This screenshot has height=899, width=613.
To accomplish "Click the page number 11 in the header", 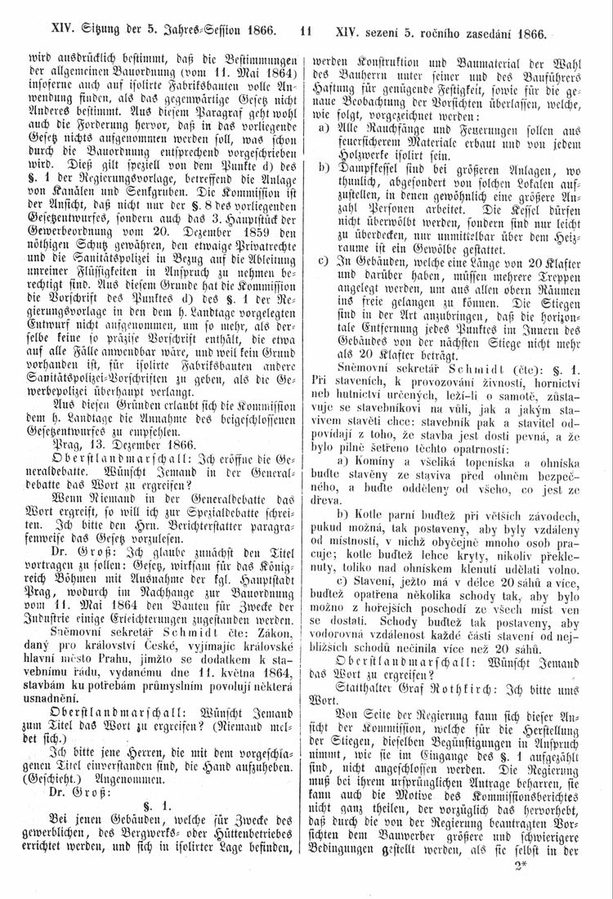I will pyautogui.click(x=306, y=34).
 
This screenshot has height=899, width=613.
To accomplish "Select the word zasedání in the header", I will pyautogui.click(x=490, y=34).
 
